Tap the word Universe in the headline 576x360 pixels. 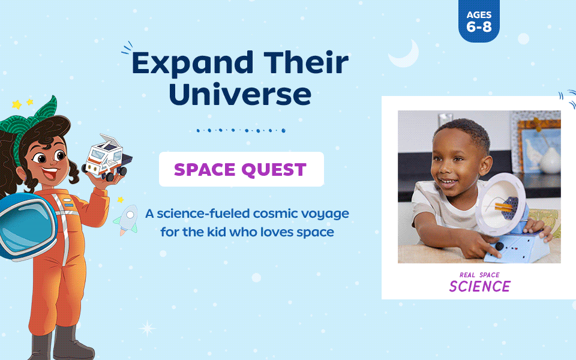click(240, 95)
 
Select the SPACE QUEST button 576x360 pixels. click(241, 169)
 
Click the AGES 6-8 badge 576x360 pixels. click(479, 22)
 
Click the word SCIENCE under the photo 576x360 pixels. click(479, 286)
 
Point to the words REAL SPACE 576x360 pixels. click(479, 275)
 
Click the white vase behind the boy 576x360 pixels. click(549, 158)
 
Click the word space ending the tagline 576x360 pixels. click(315, 232)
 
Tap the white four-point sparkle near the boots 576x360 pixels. click(147, 328)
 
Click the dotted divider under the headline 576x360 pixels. click(241, 130)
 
